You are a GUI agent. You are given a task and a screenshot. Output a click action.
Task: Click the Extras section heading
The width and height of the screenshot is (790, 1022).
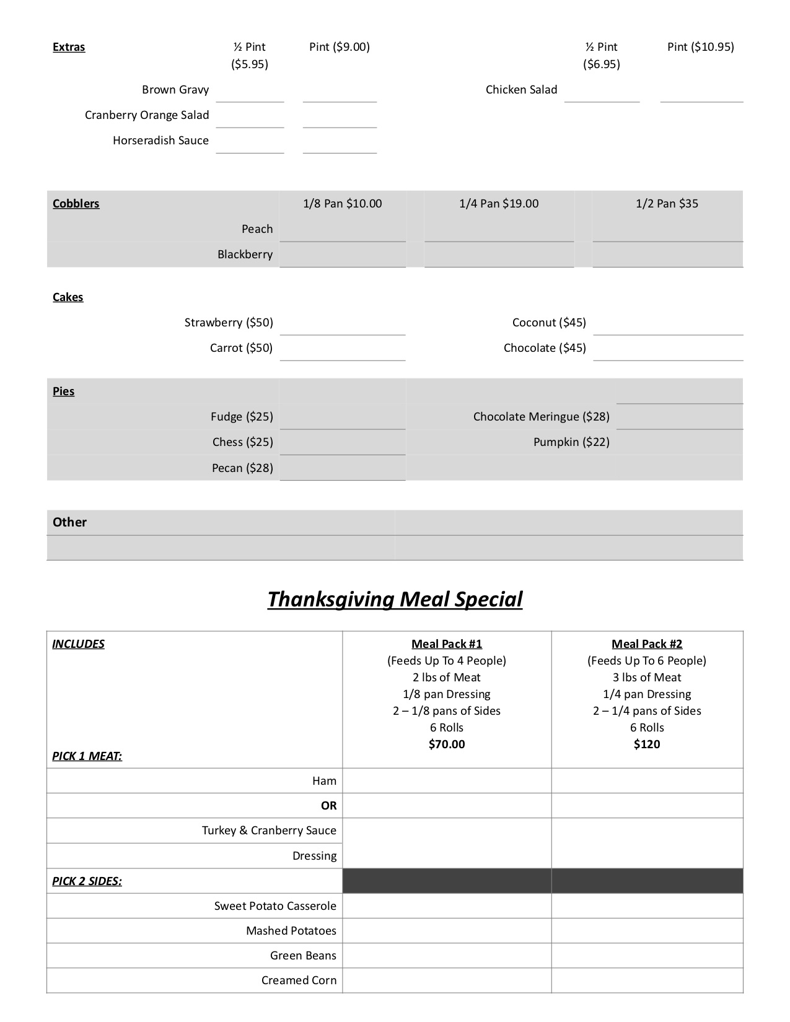pos(69,47)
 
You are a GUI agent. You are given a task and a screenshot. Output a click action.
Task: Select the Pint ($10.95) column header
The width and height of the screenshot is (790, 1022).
pos(700,47)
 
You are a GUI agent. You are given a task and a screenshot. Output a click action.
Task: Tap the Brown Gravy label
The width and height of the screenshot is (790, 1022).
pos(175,90)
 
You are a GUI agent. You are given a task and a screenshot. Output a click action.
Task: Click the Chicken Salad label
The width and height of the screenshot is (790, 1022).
pos(521,90)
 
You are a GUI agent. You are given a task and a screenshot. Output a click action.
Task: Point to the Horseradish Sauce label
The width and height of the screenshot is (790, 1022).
pos(160,141)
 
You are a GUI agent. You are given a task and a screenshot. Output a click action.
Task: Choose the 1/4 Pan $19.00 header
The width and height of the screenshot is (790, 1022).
pos(499,204)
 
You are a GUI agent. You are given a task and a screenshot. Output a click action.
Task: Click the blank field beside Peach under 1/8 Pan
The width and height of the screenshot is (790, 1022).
pos(342,230)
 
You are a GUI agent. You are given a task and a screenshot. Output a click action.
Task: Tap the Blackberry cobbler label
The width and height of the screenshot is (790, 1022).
pos(245,255)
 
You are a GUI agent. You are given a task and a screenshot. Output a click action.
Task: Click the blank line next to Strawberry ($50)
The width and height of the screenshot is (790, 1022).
pos(342,324)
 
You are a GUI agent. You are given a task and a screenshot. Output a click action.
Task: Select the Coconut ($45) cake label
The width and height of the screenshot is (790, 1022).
pos(549,323)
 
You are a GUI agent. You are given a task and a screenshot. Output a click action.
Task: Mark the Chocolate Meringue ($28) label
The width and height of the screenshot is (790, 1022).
pos(541,417)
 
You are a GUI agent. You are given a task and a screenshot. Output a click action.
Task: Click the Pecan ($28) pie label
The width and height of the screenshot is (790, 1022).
pos(242,468)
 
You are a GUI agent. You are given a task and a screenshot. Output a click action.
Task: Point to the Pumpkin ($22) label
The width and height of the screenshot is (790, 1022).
pos(571,442)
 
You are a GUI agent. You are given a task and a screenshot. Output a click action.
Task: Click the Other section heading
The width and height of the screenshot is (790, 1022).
pos(69,522)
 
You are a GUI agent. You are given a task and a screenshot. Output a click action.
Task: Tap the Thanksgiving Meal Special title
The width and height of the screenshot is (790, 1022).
pos(395,599)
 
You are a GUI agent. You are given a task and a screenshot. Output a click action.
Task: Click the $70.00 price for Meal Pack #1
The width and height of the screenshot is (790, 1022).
pos(447,745)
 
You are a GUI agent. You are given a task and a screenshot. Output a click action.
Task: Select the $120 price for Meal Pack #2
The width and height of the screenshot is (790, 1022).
pos(647,745)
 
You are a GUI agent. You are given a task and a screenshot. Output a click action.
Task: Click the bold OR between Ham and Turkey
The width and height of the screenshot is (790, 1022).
pos(328,806)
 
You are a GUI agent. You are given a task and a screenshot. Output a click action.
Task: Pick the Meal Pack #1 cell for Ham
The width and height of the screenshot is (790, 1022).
pos(447,781)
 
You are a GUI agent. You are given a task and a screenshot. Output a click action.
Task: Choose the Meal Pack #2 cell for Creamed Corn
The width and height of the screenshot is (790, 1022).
pos(647,981)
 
